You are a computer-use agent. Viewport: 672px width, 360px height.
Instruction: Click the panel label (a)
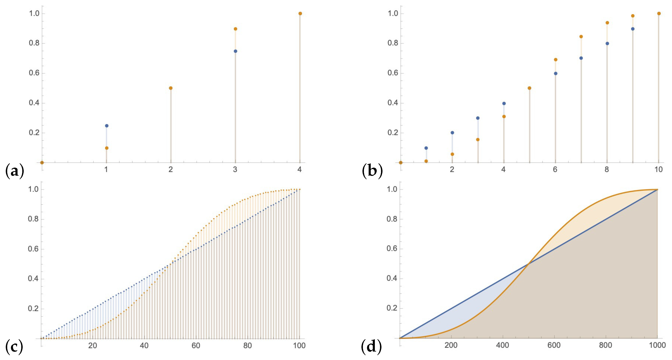pyautogui.click(x=15, y=171)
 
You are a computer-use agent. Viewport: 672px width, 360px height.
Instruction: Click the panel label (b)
pyautogui.click(x=372, y=171)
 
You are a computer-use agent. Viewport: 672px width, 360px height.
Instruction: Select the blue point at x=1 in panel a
pyautogui.click(x=106, y=126)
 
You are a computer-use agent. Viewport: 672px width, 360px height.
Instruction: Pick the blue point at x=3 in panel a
pyautogui.click(x=236, y=51)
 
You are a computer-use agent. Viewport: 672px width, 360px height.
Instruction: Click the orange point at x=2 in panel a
pyautogui.click(x=171, y=88)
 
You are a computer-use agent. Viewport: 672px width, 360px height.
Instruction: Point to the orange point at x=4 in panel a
pyautogui.click(x=300, y=14)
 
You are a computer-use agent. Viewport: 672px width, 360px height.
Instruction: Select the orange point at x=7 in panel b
pyautogui.click(x=581, y=36)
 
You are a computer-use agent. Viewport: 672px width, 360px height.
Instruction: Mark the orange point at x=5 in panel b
pyautogui.click(x=529, y=88)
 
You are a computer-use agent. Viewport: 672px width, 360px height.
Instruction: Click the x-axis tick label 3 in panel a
pyautogui.click(x=235, y=170)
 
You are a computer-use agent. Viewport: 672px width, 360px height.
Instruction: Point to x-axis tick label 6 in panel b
pyautogui.click(x=555, y=170)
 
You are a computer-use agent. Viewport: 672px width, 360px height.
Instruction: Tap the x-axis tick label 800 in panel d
pyautogui.click(x=605, y=345)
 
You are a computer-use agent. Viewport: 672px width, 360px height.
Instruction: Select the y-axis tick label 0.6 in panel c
pyautogui.click(x=33, y=249)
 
